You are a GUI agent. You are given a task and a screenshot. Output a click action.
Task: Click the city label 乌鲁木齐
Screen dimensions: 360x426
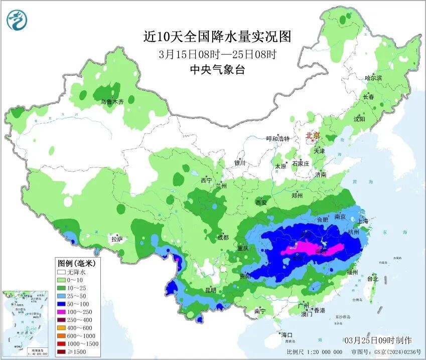(x=111, y=101)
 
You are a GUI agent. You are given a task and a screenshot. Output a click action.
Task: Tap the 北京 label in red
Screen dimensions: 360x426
(x=313, y=135)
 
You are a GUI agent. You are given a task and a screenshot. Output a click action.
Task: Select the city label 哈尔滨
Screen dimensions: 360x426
(x=373, y=78)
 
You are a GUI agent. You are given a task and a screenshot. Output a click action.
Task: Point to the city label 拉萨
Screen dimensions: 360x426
(x=116, y=239)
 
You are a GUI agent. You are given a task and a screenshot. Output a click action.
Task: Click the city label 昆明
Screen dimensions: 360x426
(x=210, y=290)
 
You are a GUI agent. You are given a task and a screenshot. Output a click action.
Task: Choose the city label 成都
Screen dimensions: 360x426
(x=223, y=237)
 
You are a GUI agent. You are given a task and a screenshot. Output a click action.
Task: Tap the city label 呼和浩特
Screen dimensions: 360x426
(x=277, y=139)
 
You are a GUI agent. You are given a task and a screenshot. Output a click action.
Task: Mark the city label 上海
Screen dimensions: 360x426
(x=362, y=221)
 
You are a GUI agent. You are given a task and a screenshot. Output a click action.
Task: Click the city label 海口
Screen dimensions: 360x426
(x=287, y=335)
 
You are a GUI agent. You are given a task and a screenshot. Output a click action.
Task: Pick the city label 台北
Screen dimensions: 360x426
(x=372, y=278)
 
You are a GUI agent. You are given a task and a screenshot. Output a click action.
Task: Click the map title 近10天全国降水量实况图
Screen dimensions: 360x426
(x=217, y=37)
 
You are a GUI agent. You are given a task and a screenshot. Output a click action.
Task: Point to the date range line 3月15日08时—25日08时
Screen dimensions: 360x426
(x=217, y=54)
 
